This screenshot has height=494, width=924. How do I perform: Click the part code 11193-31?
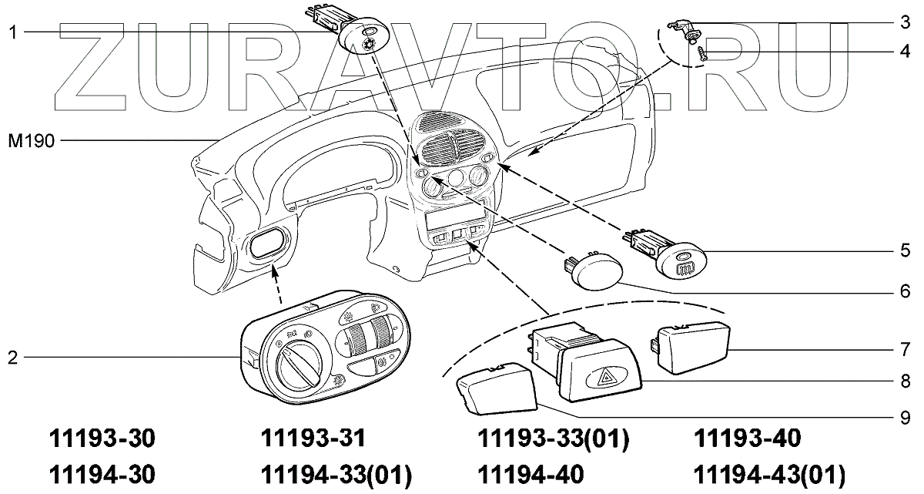312,439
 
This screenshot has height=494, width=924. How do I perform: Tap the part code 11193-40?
747,439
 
